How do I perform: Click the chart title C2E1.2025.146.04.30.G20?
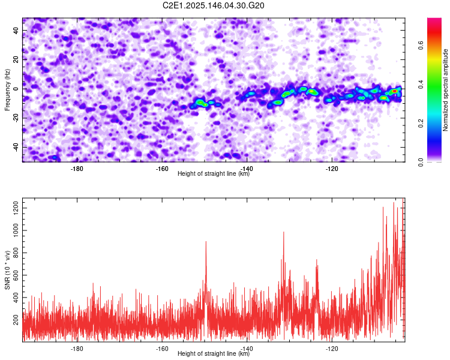tap(213, 5)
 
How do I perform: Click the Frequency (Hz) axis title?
tap(7, 90)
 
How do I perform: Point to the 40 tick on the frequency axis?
tap(16, 30)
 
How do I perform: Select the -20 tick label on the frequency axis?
tap(16, 117)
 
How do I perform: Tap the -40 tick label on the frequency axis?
tap(16, 146)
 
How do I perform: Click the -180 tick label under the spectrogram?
tap(77, 169)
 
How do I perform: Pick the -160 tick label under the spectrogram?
tap(162, 169)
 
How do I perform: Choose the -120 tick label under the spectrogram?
tap(332, 169)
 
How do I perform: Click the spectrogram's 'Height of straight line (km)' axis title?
tap(214, 173)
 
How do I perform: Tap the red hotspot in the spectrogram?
tap(395, 91)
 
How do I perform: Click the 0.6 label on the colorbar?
tap(421, 46)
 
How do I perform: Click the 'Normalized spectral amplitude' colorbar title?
tap(445, 90)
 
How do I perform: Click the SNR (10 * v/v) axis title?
tap(7, 270)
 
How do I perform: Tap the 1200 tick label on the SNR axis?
tap(16, 208)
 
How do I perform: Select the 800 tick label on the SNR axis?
tap(16, 253)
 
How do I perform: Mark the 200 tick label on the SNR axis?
tap(16, 320)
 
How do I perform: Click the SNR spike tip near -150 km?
tap(206, 241)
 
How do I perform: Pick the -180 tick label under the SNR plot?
tap(77, 349)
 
